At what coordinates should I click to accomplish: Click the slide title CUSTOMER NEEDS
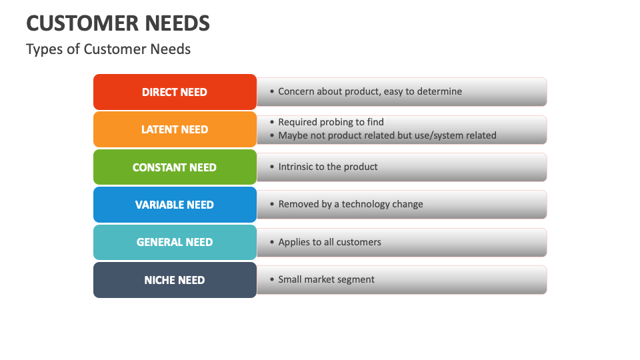(118, 23)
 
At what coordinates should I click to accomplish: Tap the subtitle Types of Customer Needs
(108, 49)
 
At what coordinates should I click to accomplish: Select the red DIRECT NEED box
(175, 92)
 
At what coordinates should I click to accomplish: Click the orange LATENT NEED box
(175, 129)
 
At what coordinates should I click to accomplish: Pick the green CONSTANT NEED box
(175, 167)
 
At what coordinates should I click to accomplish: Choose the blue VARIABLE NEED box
(175, 205)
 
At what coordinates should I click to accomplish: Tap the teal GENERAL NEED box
(175, 242)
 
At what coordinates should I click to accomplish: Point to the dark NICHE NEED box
(175, 280)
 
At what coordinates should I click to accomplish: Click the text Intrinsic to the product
(328, 167)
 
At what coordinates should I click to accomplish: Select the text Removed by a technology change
(351, 204)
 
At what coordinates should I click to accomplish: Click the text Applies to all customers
(329, 242)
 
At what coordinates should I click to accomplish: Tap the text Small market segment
(326, 279)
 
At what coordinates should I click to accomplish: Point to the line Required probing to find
(331, 122)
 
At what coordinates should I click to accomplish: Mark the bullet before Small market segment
(271, 280)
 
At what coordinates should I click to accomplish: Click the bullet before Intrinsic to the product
(271, 167)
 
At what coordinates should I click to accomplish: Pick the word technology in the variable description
(367, 204)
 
